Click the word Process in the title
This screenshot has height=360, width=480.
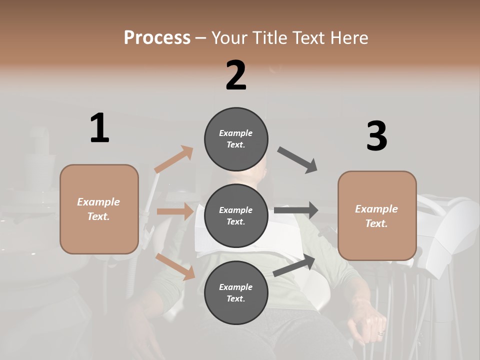pos(157,37)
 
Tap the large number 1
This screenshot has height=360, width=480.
pos(99,128)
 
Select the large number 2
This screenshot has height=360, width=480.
pos(235,75)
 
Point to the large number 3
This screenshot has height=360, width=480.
pos(376,136)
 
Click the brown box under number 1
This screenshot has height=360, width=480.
pos(99,209)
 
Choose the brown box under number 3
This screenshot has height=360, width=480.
pos(377,216)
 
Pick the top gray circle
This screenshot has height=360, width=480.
pos(236,139)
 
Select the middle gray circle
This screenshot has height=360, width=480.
pos(236,215)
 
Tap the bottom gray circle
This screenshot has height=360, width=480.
pos(236,292)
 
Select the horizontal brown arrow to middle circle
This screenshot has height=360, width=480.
pos(175,211)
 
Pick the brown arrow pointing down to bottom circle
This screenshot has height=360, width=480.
pos(175,266)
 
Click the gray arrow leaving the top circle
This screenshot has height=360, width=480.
pos(298,160)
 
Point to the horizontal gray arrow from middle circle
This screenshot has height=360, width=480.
pos(296,210)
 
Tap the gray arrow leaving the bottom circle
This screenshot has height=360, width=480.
pos(294,265)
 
